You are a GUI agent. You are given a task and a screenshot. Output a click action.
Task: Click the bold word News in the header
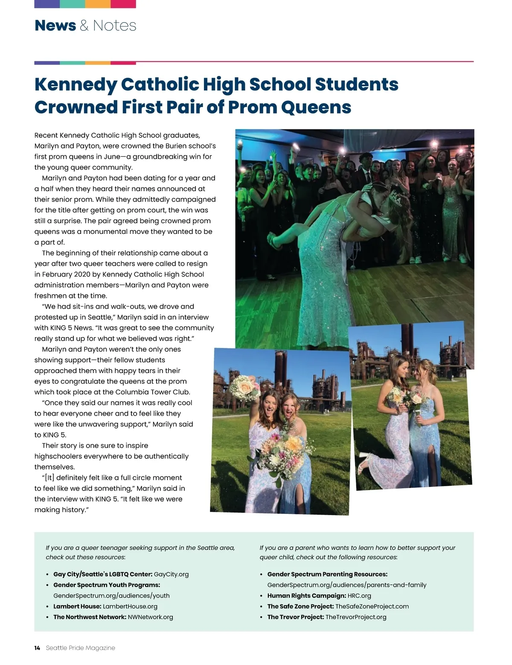(x=55, y=26)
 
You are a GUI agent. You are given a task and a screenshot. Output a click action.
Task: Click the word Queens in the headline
(x=316, y=107)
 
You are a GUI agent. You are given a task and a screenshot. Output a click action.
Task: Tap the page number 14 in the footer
(x=37, y=648)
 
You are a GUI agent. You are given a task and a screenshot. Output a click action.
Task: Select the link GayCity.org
(x=171, y=575)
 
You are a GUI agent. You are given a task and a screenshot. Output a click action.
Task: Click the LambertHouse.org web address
(x=130, y=607)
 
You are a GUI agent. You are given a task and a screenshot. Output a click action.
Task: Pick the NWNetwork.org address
(x=150, y=617)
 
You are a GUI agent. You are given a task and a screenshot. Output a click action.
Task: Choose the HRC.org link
(x=359, y=596)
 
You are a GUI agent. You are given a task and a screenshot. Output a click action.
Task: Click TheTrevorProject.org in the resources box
(x=355, y=617)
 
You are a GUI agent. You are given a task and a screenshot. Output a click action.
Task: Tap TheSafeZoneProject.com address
(x=372, y=607)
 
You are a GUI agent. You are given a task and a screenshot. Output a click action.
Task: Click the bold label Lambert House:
(x=77, y=607)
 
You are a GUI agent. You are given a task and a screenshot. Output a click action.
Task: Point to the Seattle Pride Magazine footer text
(x=80, y=648)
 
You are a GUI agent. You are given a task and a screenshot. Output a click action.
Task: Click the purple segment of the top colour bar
(x=47, y=4)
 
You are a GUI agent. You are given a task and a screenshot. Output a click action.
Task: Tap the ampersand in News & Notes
(x=84, y=26)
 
